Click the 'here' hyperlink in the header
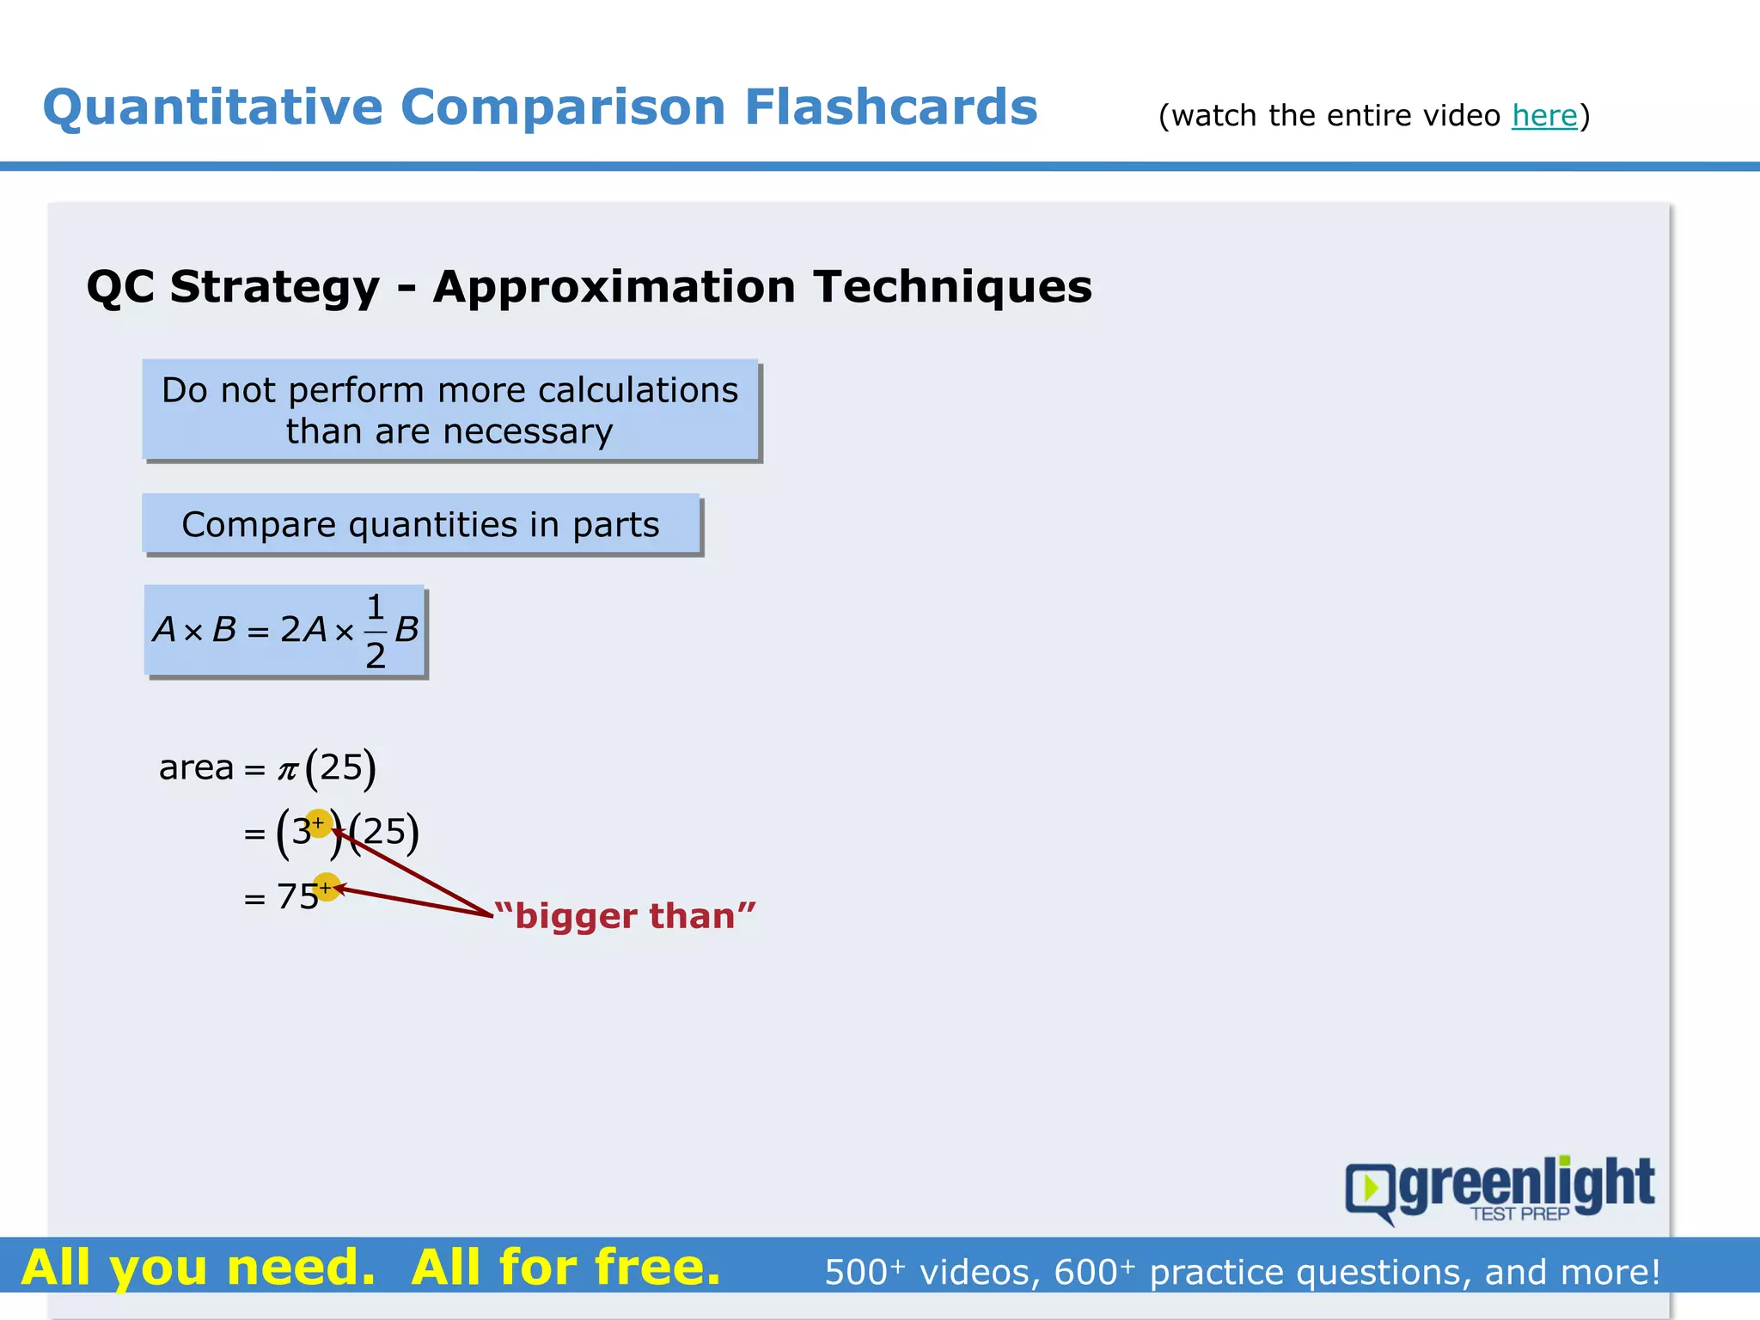click(x=1544, y=115)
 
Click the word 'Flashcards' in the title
click(x=890, y=107)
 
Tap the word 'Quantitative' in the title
click(x=213, y=109)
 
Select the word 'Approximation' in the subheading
click(x=614, y=286)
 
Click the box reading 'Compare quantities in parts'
click(x=421, y=524)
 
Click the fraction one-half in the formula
click(x=376, y=632)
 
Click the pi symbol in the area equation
click(x=287, y=769)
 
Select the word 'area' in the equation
click(x=196, y=767)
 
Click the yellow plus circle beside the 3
click(x=318, y=823)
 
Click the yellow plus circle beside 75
click(x=326, y=886)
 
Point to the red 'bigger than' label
click(x=626, y=916)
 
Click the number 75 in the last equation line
click(x=297, y=897)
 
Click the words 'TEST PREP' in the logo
click(x=1519, y=1213)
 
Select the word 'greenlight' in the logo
click(x=1526, y=1183)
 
